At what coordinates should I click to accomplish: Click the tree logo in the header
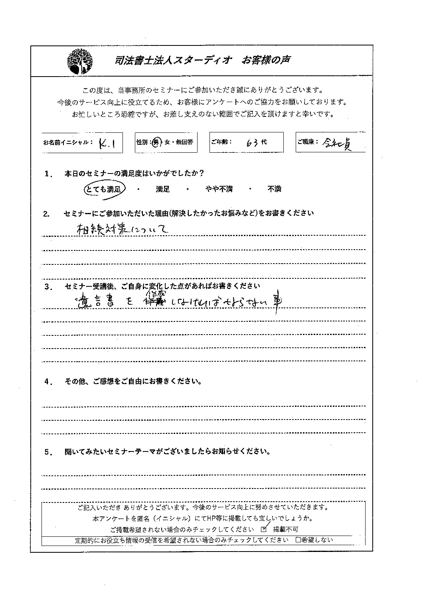click(80, 61)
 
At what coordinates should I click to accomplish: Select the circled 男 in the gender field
click(156, 142)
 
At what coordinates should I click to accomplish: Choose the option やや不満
click(219, 189)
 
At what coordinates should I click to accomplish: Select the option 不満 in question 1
click(275, 189)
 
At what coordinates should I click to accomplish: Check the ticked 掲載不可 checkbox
click(263, 530)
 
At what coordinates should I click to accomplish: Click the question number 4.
click(49, 382)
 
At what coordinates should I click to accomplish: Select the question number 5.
click(49, 452)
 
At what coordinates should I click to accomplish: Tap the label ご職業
click(307, 142)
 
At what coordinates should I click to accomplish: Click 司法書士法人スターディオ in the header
click(172, 60)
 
